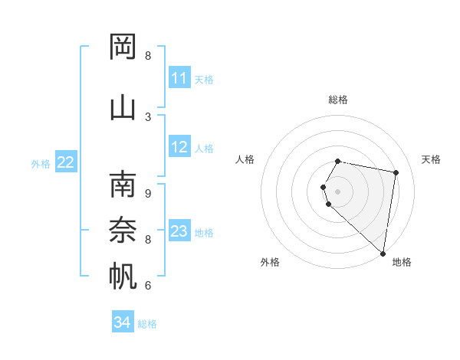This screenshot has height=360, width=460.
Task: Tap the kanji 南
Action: pyautogui.click(x=123, y=185)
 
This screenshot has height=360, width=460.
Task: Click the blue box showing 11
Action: pyautogui.click(x=179, y=78)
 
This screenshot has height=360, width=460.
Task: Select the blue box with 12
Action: pyautogui.click(x=179, y=147)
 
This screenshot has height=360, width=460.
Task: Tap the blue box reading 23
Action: pyautogui.click(x=179, y=231)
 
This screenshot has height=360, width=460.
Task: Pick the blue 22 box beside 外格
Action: pyautogui.click(x=66, y=162)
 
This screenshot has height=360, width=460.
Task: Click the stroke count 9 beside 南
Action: pyautogui.click(x=148, y=194)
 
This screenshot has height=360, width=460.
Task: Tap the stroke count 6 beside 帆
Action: pyautogui.click(x=148, y=286)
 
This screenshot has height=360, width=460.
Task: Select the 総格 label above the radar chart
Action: pyautogui.click(x=338, y=100)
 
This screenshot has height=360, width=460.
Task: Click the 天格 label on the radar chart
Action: pyautogui.click(x=431, y=159)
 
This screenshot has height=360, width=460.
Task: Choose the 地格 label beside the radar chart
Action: pyautogui.click(x=402, y=262)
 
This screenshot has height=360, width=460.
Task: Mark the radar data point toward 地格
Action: pyautogui.click(x=383, y=253)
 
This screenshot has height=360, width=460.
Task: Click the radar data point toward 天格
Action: pyautogui.click(x=396, y=172)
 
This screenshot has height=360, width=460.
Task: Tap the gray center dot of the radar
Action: pyautogui.click(x=338, y=191)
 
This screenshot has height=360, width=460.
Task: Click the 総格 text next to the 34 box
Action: pyautogui.click(x=147, y=324)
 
